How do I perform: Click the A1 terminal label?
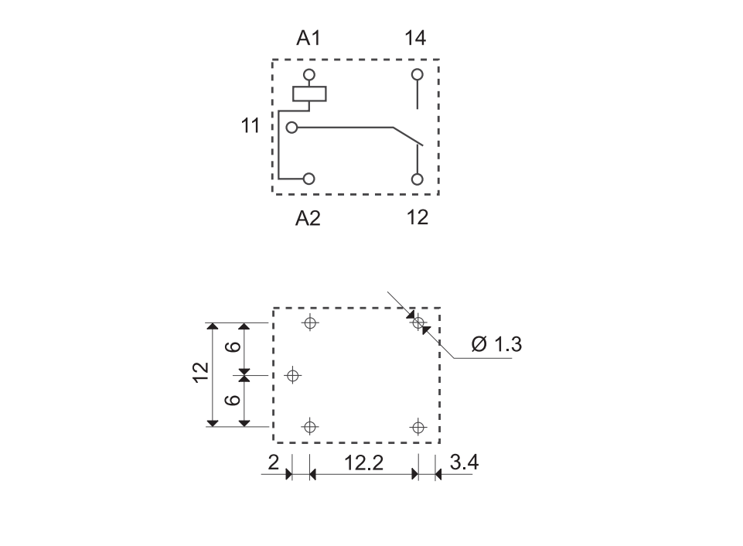pos(308,38)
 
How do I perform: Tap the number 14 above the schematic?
pos(415,38)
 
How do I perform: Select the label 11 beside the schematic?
pos(251,126)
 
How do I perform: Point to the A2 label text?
pos(308,218)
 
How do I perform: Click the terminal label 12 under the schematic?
pos(418,217)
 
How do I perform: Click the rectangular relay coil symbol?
pos(309,94)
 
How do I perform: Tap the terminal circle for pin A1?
pos(309,75)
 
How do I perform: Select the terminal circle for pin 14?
pos(417,74)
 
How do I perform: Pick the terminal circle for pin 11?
pos(292,128)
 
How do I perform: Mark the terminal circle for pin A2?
pos(309,179)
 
